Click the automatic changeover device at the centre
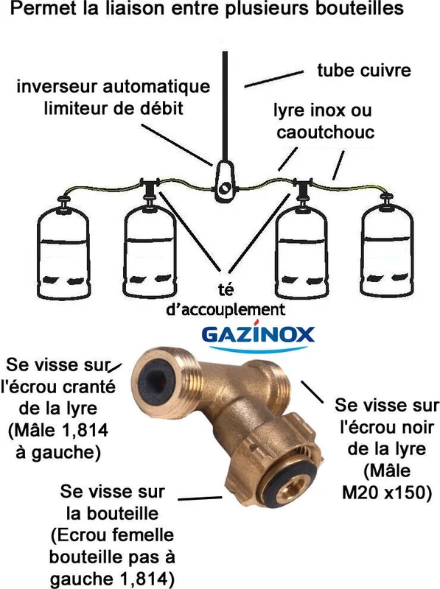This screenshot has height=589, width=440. [225, 182]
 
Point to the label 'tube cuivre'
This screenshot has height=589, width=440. [364, 70]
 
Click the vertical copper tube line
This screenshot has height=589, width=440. [225, 107]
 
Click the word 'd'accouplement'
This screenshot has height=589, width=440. [226, 309]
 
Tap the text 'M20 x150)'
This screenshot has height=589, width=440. [387, 493]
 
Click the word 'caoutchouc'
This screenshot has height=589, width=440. [326, 132]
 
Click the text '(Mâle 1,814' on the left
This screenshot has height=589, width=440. [58, 430]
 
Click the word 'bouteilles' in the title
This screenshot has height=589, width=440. [360, 8]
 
